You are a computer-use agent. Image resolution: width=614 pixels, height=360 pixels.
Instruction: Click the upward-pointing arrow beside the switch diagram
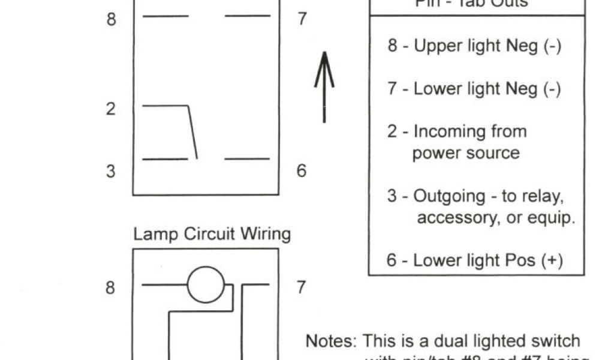click(x=324, y=87)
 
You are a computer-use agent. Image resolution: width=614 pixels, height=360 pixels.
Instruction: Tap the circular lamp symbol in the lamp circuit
click(x=206, y=284)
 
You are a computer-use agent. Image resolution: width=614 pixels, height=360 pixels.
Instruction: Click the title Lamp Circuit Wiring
click(x=212, y=233)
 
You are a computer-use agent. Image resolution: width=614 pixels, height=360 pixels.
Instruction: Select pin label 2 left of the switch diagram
click(x=111, y=110)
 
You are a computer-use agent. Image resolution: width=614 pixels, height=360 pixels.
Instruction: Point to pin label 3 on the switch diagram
click(x=111, y=171)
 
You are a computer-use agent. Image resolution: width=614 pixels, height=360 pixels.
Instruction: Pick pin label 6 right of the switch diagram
click(x=301, y=171)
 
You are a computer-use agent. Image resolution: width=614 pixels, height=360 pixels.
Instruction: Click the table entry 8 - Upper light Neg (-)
click(x=474, y=46)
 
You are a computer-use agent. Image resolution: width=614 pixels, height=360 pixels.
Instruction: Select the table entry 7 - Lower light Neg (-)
click(x=474, y=89)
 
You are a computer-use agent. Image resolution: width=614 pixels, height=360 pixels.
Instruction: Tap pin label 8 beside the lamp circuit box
click(x=111, y=288)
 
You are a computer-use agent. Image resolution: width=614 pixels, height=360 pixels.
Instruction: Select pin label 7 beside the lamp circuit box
click(x=301, y=288)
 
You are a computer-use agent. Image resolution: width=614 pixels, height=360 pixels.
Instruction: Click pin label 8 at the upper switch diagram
click(x=111, y=19)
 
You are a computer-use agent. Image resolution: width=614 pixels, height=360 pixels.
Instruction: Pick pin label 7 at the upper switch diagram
click(x=301, y=19)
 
